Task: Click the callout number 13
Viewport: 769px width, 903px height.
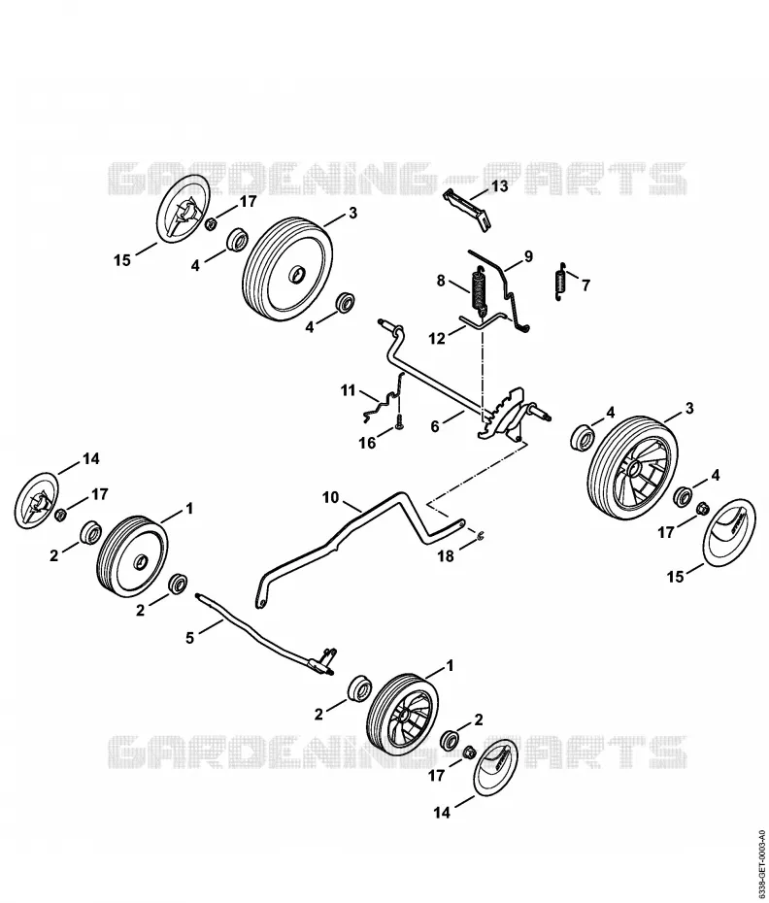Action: coord(499,186)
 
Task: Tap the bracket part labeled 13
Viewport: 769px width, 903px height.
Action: coord(468,210)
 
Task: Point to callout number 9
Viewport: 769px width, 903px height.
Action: coord(528,256)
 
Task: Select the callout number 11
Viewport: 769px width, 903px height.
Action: coord(348,390)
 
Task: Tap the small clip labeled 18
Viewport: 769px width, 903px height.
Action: coord(480,536)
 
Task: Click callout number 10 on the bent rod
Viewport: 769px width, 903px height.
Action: coord(331,497)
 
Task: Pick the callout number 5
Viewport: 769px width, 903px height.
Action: coord(190,637)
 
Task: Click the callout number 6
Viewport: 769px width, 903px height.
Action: coord(435,426)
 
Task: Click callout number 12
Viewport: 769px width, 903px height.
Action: coord(437,338)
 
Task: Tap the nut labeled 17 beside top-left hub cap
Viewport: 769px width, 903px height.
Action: coord(212,222)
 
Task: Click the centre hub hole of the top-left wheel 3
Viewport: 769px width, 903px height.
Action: coord(297,275)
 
